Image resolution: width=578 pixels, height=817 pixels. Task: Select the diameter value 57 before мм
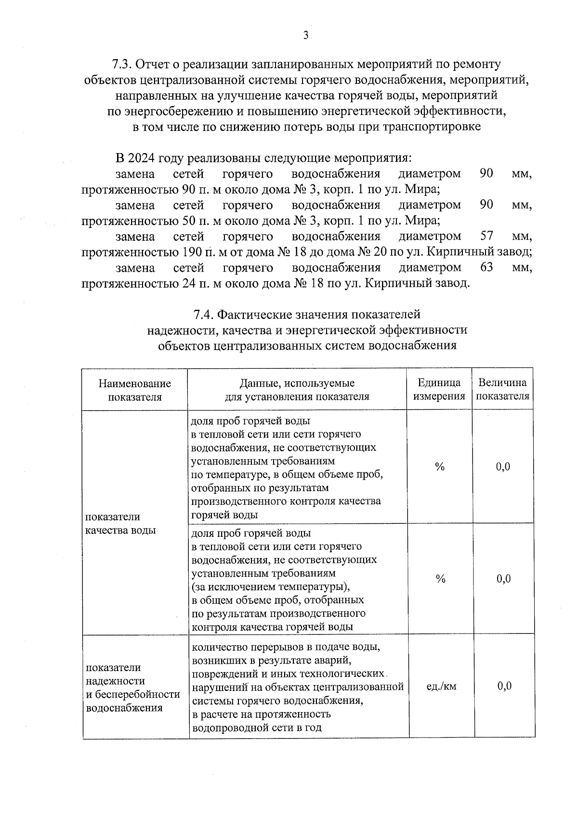pos(487,236)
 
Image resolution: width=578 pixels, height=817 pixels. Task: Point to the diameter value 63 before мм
pos(487,267)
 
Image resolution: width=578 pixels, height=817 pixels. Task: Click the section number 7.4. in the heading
pos(203,315)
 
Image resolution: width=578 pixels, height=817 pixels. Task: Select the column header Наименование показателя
pos(135,390)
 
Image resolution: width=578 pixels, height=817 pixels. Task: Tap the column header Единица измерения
pos(439,389)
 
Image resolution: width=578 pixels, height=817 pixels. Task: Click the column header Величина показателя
pos(502,389)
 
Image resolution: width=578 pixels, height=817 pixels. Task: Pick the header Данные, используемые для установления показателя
pos(297,390)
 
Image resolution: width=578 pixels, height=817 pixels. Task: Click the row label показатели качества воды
pos(120,524)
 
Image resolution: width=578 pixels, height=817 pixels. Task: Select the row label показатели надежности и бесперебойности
pos(132,687)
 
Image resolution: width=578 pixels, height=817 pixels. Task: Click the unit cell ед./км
pos(441,687)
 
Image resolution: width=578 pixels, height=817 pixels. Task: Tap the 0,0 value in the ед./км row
pos(504,687)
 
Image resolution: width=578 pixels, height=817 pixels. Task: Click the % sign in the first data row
pos(439,467)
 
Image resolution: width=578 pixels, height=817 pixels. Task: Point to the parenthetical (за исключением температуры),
pos(271,587)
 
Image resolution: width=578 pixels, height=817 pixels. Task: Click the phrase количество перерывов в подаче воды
pos(286,647)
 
